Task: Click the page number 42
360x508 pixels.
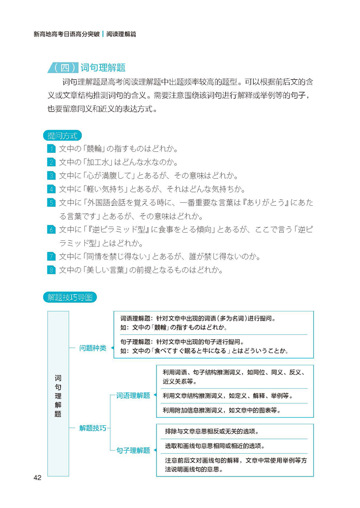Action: [37, 478]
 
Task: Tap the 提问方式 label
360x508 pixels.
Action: [63, 136]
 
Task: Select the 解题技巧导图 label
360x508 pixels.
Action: [70, 297]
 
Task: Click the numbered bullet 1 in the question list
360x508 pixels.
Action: [51, 149]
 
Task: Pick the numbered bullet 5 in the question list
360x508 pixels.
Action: [51, 203]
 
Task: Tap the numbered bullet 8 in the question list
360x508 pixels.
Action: [51, 270]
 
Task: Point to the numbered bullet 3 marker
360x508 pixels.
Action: [51, 176]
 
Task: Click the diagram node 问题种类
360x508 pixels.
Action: [93, 348]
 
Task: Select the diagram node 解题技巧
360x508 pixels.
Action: [93, 428]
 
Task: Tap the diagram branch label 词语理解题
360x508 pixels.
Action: [133, 395]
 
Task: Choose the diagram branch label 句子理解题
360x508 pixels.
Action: [133, 450]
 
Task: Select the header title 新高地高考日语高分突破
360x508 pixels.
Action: [66, 34]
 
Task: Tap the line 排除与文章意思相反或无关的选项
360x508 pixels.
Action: [211, 431]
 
